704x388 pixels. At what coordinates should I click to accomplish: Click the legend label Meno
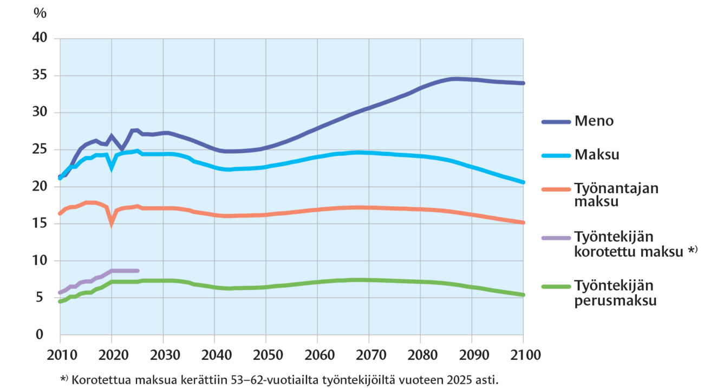coord(594,121)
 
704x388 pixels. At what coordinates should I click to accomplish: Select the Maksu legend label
coord(597,155)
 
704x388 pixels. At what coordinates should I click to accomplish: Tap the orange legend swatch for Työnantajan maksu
coord(556,189)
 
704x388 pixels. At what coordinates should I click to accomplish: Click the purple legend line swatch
coord(556,238)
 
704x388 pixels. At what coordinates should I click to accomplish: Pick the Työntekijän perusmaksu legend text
coord(615,293)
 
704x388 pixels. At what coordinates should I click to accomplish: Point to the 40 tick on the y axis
coord(40,38)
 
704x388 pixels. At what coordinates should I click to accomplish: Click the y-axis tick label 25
coord(40,149)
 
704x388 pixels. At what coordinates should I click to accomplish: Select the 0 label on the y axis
coord(40,334)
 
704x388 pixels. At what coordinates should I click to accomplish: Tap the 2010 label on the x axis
coord(62,355)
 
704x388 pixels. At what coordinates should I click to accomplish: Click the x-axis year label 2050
coord(268,355)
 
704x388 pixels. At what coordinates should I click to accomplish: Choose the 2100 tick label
coord(525,355)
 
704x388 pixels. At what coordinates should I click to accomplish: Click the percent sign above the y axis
coord(40,13)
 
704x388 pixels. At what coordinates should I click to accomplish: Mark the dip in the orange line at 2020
coord(112,223)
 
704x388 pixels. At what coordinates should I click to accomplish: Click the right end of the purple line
coord(138,271)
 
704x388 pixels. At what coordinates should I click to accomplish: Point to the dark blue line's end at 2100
coord(523,83)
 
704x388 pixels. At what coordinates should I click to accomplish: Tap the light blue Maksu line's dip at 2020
coord(112,169)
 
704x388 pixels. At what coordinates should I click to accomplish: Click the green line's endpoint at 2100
coord(523,295)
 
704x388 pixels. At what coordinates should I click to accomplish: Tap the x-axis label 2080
coord(422,355)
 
